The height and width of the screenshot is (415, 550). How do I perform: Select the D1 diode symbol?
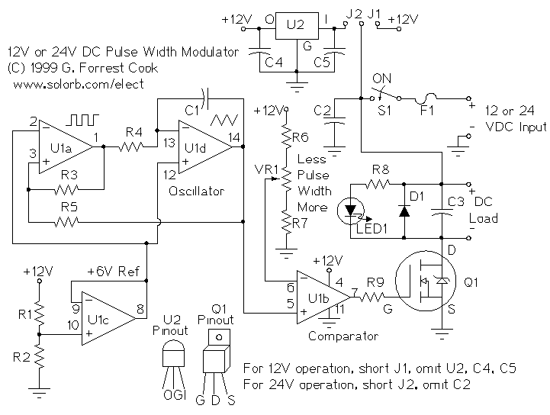pos(404,211)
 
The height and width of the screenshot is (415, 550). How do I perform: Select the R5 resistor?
pos(68,222)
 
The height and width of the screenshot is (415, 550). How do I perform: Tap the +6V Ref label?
pos(108,271)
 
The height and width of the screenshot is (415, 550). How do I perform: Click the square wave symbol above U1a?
pos(76,120)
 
